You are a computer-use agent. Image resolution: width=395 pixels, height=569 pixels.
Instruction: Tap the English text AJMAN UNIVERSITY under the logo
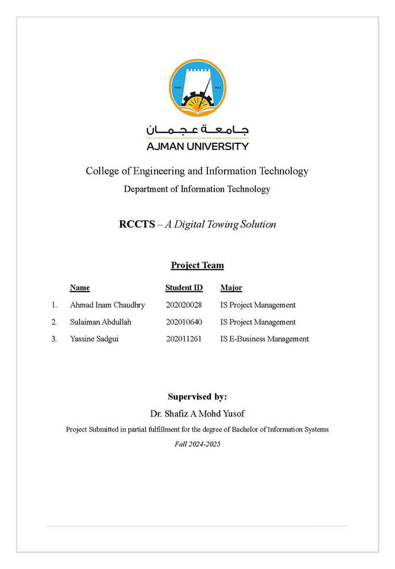click(x=197, y=146)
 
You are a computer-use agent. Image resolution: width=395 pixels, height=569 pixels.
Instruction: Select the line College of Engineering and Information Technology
click(x=197, y=171)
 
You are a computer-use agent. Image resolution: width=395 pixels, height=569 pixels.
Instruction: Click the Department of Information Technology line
click(x=197, y=189)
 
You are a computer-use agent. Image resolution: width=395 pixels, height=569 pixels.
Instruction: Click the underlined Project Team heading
click(x=197, y=266)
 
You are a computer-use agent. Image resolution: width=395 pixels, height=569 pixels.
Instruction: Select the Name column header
click(x=80, y=288)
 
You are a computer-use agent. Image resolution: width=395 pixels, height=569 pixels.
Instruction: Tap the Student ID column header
click(x=184, y=288)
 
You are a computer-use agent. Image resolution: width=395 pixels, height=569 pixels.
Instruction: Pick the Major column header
click(x=231, y=288)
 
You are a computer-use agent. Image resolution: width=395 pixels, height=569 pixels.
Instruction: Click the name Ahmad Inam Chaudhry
click(x=108, y=305)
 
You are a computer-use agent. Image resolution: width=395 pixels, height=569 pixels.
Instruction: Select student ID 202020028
click(x=184, y=305)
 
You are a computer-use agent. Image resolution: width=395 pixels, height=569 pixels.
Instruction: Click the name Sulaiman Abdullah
click(x=101, y=322)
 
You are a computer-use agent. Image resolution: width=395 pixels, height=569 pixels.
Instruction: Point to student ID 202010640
click(x=184, y=322)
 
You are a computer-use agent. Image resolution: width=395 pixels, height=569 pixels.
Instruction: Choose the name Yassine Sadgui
click(x=94, y=339)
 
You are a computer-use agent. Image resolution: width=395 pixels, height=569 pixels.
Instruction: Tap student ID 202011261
click(x=184, y=339)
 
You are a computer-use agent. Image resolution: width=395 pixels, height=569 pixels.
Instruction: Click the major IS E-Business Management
click(x=265, y=339)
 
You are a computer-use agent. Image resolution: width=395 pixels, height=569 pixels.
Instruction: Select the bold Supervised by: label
click(x=197, y=397)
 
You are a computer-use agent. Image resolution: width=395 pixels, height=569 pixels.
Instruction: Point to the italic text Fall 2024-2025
click(x=197, y=444)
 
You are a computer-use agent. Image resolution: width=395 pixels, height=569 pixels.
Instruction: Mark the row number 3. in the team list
click(x=54, y=339)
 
